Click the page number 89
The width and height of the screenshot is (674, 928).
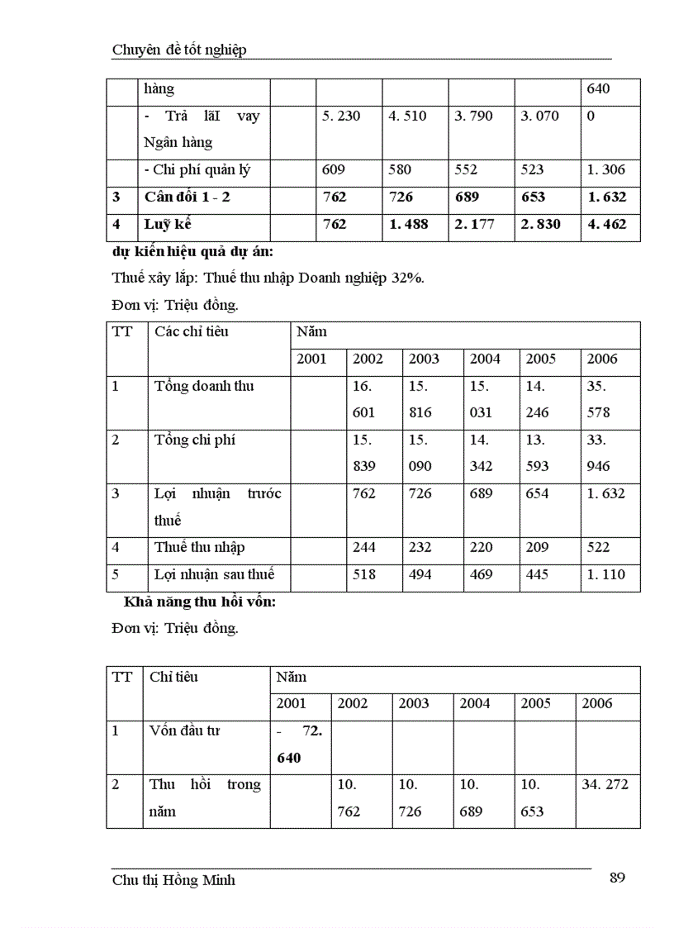click(617, 878)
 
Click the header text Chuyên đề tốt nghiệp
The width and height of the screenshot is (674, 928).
click(179, 50)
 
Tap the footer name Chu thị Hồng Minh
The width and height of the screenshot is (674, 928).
click(173, 880)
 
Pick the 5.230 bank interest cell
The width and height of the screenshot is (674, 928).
click(341, 117)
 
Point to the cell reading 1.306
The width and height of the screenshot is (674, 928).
click(606, 170)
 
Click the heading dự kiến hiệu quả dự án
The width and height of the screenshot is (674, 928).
click(197, 251)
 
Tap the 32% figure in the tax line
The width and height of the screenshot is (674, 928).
click(410, 278)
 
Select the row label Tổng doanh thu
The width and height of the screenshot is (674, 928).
click(204, 387)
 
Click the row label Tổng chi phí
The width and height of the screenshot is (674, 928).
click(195, 440)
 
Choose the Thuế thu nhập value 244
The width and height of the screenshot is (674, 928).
click(363, 547)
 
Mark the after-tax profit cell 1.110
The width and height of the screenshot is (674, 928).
click(606, 574)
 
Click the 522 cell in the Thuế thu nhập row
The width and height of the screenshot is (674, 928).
click(598, 547)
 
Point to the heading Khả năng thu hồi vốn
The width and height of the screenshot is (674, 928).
click(200, 602)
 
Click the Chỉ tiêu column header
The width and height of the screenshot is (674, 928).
click(173, 678)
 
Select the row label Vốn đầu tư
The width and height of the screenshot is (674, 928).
click(184, 731)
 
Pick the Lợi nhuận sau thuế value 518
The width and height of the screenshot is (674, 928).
click(363, 574)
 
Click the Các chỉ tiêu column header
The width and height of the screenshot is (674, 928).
click(192, 332)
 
